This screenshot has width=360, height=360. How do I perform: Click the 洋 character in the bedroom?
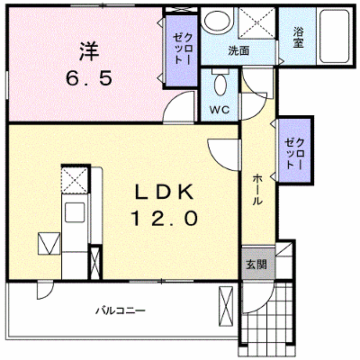pyautogui.click(x=89, y=51)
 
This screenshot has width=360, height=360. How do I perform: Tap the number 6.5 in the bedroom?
pyautogui.click(x=89, y=79)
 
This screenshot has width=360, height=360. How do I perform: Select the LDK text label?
pyautogui.click(x=164, y=192)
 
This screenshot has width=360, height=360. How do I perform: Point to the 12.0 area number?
pyautogui.click(x=164, y=218)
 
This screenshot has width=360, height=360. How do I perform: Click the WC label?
pyautogui.click(x=220, y=110)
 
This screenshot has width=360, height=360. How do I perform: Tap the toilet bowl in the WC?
pyautogui.click(x=220, y=84)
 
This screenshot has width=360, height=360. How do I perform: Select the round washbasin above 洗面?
pyautogui.click(x=218, y=19)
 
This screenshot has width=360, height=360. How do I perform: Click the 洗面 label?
pyautogui.click(x=238, y=50)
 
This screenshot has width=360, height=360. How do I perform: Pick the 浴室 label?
pyautogui.click(x=298, y=37)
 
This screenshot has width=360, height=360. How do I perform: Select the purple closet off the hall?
pyautogui.click(x=295, y=150)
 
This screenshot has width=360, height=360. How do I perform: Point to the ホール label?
pyautogui.click(x=256, y=190)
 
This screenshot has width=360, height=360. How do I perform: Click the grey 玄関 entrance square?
pyautogui.click(x=258, y=264)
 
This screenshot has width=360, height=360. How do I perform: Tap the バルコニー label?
pyautogui.click(x=121, y=310)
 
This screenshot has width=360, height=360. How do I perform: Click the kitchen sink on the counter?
pyautogui.click(x=75, y=212)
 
